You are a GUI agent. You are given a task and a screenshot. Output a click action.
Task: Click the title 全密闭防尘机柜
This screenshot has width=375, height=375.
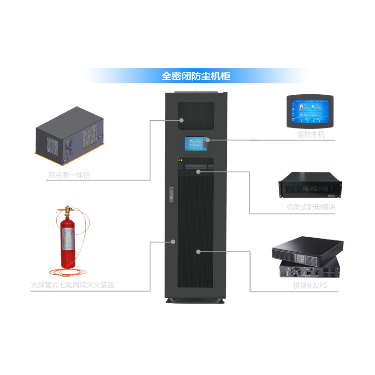195,75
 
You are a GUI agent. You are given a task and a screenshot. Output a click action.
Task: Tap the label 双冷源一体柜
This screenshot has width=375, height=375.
69,175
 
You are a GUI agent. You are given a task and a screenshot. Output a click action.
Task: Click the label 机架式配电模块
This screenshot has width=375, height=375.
310,207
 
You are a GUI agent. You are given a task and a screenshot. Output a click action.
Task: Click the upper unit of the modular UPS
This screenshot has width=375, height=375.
308,248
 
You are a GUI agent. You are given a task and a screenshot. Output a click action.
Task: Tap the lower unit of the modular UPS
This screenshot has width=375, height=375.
309,270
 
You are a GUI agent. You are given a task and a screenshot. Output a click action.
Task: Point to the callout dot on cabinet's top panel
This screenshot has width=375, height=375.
181,120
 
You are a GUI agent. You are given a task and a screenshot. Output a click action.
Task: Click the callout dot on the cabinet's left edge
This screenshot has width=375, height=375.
173,242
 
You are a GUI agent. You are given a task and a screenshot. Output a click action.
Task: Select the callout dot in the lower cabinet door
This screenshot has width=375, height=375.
198,252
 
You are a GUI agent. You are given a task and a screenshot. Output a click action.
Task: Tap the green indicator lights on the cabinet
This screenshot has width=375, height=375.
180,160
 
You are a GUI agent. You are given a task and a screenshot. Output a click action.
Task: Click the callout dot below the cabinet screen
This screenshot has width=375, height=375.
199,172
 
